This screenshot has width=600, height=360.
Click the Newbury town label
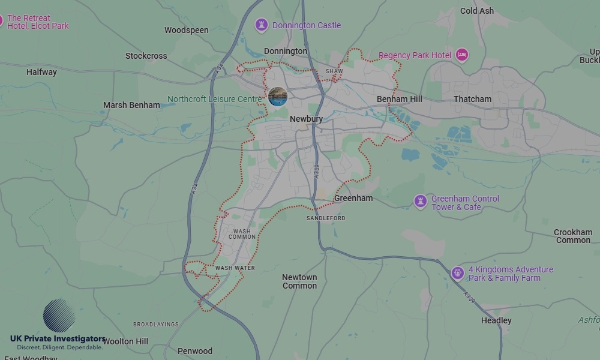[306, 119]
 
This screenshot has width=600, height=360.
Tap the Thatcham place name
[472, 99]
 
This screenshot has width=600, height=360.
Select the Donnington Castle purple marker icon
[261, 25]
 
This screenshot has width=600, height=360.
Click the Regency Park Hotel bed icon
[461, 55]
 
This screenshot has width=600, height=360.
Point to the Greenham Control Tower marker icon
[421, 202]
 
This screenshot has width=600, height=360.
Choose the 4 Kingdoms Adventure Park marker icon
[458, 274]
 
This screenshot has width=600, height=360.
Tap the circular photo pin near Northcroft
[277, 97]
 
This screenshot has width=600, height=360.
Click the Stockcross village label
[146, 56]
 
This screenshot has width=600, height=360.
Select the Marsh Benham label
[131, 105]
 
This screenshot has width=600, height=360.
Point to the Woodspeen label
[187, 30]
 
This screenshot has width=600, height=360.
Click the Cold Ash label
[477, 11]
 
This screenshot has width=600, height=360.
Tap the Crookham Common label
[573, 236]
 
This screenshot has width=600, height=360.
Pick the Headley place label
[496, 320]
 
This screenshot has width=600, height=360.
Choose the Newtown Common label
[299, 281]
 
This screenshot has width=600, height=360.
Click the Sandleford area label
[326, 218]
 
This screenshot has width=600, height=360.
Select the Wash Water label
[235, 268]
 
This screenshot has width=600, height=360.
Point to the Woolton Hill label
[125, 341]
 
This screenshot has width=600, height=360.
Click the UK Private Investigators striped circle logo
[59, 316]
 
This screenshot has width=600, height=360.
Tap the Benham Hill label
[400, 99]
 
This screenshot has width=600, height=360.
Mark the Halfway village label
[41, 72]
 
